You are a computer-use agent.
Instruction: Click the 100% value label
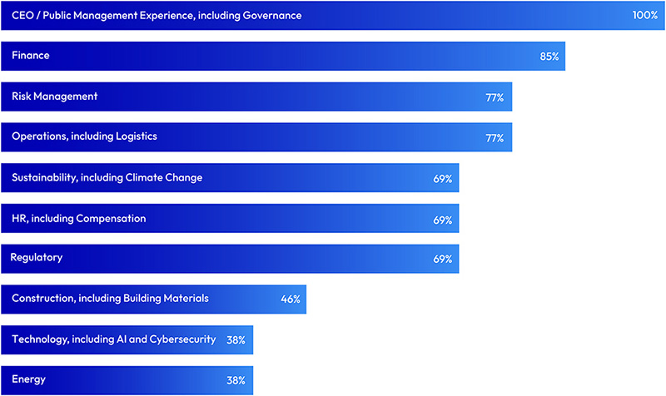pyautogui.click(x=644, y=16)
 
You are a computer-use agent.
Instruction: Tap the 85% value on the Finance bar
pyautogui.click(x=549, y=57)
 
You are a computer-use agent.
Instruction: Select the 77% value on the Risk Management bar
pyautogui.click(x=495, y=97)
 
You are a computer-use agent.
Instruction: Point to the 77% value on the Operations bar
pyautogui.click(x=495, y=138)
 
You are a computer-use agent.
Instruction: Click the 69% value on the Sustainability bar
pyautogui.click(x=442, y=179)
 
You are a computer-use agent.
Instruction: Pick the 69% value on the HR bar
pyautogui.click(x=442, y=220)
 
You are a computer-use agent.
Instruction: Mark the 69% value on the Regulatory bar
pyautogui.click(x=442, y=260)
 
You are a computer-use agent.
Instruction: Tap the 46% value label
pyautogui.click(x=290, y=299)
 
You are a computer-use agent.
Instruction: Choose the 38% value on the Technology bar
pyautogui.click(x=236, y=340)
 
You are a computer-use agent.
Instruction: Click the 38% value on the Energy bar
pyautogui.click(x=236, y=381)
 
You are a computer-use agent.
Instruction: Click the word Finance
pyautogui.click(x=31, y=56)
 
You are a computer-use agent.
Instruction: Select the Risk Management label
pyautogui.click(x=54, y=97)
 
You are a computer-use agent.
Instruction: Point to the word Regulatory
pyautogui.click(x=36, y=258)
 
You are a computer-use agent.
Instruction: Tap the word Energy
pyautogui.click(x=28, y=380)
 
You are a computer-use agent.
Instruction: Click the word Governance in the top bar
pyautogui.click(x=271, y=16)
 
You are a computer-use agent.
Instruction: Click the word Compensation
pyautogui.click(x=111, y=219)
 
